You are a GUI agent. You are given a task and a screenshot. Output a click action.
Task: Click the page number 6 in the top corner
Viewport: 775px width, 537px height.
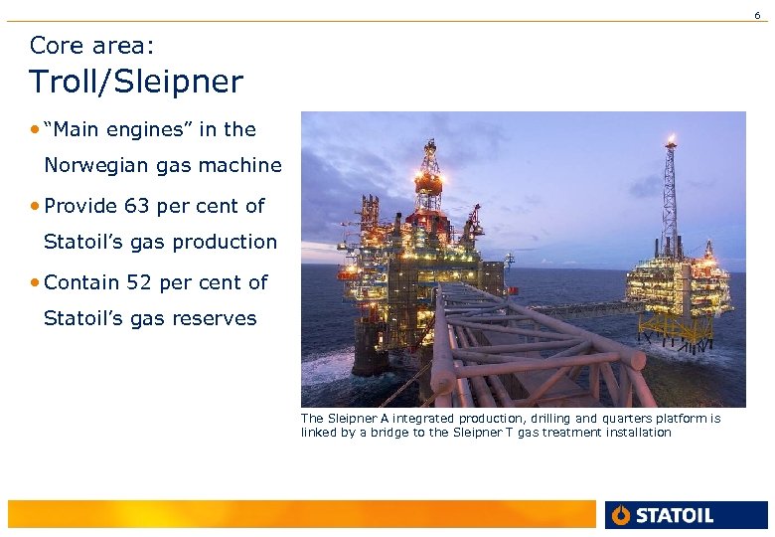tap(757, 15)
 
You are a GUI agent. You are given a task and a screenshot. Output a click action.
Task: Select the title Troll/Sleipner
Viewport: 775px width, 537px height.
tap(135, 82)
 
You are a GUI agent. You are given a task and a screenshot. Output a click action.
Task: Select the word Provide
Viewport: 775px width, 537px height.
tap(81, 207)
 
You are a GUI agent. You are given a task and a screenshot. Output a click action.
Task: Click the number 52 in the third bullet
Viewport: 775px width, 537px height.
tap(139, 282)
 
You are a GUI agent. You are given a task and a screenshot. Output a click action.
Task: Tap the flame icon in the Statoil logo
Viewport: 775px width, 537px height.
tap(622, 515)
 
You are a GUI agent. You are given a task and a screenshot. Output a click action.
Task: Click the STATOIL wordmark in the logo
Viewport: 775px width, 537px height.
tap(675, 515)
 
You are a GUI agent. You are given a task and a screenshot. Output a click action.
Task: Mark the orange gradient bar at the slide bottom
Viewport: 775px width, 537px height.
tap(298, 514)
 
